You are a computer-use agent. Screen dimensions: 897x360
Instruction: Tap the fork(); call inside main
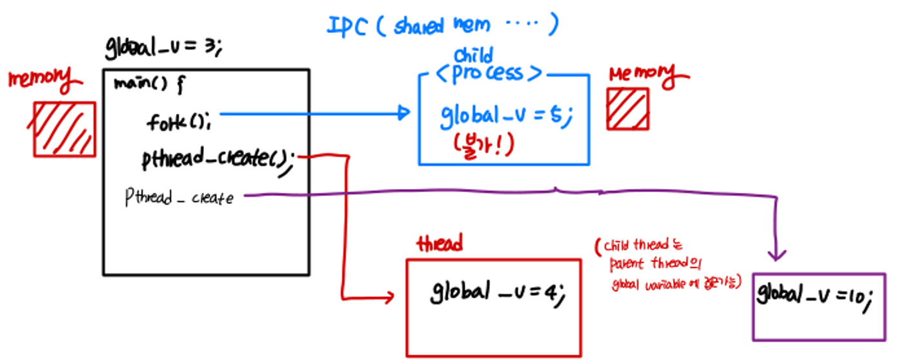[x=183, y=121]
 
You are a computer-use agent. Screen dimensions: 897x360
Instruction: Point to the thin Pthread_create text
[x=179, y=197]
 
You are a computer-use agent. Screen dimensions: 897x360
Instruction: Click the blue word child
[x=473, y=55]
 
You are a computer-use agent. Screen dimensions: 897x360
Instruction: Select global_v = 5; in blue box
[x=506, y=116]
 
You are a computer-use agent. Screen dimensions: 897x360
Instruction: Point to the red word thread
[x=439, y=244]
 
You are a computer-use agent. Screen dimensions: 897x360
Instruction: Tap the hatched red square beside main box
[x=65, y=129]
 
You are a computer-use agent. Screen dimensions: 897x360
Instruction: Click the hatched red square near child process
[x=627, y=108]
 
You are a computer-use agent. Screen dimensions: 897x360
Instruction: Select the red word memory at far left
[x=43, y=81]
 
